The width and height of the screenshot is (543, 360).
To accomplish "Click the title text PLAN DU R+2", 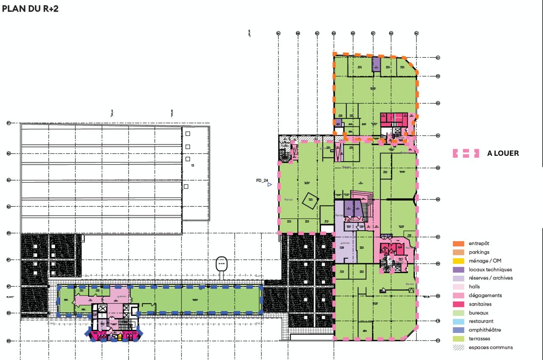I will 30,9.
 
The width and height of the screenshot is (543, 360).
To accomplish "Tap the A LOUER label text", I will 503,153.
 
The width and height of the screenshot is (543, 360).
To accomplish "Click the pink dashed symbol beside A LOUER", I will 466,153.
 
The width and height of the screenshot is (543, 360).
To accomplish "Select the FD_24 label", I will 262,180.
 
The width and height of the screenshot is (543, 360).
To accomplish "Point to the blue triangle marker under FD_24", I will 269,185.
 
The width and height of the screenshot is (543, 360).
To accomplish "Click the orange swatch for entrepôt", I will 459,244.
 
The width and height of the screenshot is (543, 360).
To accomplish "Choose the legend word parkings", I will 479,252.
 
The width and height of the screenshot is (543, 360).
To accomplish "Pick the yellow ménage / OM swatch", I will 459,261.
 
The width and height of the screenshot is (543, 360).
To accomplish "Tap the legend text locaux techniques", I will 490,270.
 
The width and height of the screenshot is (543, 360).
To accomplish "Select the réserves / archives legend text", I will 490,278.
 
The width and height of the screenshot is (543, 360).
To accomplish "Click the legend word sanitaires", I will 480,304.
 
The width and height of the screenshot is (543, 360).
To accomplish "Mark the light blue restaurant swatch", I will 459,321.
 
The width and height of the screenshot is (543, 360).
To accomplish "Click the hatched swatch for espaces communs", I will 459,347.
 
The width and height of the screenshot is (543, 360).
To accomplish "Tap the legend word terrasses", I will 479,339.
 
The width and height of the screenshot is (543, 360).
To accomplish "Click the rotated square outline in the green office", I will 310,200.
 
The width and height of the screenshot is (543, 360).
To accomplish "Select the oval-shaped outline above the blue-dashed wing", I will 221,264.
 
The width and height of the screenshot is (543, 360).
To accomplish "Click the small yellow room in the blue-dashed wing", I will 120,338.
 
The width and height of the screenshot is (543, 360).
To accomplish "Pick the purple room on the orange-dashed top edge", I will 376,64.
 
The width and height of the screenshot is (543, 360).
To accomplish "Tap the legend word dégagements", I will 485,295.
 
